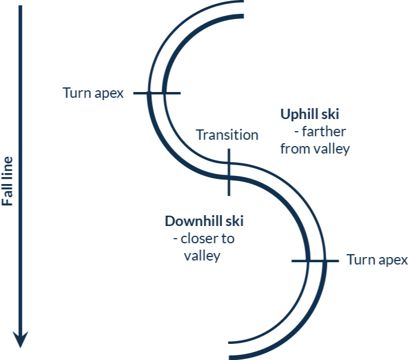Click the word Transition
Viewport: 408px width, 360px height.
(227, 135)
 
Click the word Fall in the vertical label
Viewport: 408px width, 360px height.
(7, 196)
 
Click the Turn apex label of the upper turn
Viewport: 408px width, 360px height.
(93, 93)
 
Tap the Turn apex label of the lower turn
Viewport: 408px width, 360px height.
(377, 259)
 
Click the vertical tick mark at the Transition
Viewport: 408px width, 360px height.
(228, 172)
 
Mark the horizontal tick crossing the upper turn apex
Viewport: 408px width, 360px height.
(157, 93)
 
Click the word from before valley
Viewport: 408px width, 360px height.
(294, 148)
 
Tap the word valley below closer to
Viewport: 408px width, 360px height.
(202, 256)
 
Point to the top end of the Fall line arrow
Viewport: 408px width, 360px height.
(21, 7)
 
